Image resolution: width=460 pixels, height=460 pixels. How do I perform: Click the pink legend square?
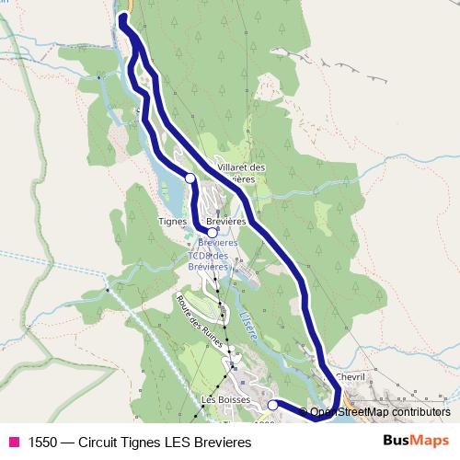click(14, 443)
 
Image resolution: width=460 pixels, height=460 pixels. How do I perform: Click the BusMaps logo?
click(417, 441)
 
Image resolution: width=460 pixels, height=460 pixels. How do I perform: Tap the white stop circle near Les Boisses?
click(272, 405)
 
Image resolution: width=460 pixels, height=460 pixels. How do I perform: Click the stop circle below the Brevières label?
click(212, 233)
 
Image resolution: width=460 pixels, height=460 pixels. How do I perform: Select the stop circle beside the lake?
click(190, 178)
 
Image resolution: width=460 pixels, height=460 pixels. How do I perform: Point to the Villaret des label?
click(241, 167)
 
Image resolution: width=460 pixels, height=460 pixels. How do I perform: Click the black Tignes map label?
click(173, 222)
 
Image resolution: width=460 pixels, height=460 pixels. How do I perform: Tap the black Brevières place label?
click(226, 222)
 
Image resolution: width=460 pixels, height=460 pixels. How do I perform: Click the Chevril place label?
click(351, 376)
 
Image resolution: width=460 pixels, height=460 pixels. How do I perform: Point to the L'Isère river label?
click(247, 327)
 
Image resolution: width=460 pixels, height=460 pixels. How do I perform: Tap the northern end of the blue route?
click(122, 17)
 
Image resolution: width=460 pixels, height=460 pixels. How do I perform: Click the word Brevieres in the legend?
click(226, 443)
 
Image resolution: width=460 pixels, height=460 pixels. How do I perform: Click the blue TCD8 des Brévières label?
click(207, 260)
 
